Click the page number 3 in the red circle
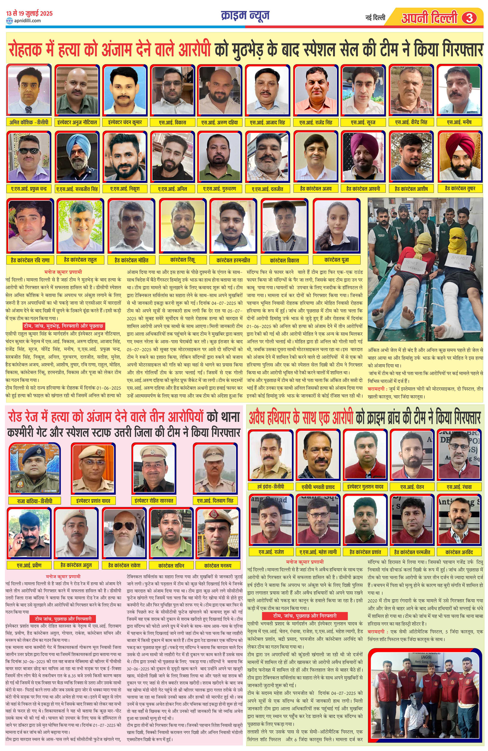pyautogui.click(x=469, y=18)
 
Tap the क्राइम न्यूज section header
pyautogui.click(x=245, y=15)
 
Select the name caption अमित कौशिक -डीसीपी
pyautogui.click(x=29, y=122)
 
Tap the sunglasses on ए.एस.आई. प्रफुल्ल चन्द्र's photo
pyautogui.click(x=29, y=151)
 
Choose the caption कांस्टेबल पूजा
pyautogui.click(x=337, y=260)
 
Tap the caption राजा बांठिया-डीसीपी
pyautogui.click(x=35, y=501)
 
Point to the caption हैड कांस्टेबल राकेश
pyautogui.click(x=124, y=565)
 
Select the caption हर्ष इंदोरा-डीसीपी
pyautogui.click(x=270, y=487)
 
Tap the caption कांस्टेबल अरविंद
pyautogui.click(x=459, y=552)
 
